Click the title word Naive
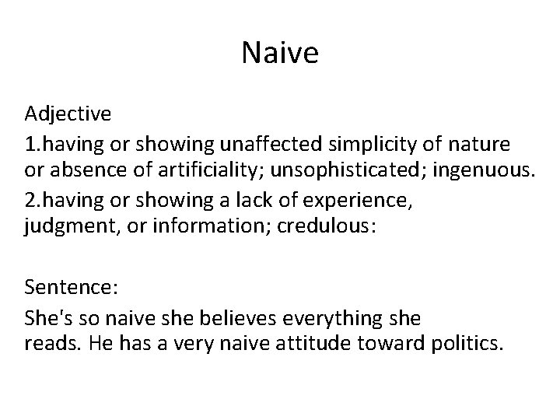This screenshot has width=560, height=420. click(280, 54)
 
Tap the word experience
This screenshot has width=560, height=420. click(348, 199)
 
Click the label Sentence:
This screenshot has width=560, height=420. click(71, 288)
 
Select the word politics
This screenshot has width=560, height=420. click(467, 345)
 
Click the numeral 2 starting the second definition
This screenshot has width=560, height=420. click(30, 199)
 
